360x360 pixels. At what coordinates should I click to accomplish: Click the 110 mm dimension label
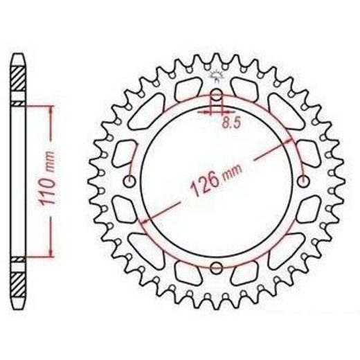click(x=47, y=178)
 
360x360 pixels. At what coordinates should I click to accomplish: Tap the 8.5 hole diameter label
click(x=231, y=123)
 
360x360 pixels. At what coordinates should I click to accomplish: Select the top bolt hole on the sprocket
click(x=216, y=95)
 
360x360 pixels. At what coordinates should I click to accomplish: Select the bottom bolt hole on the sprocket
click(x=216, y=268)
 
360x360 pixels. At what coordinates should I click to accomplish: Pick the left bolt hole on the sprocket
click(x=129, y=181)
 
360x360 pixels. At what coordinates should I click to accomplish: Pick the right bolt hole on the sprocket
click(x=303, y=181)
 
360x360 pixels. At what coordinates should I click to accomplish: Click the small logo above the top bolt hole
click(x=216, y=75)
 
